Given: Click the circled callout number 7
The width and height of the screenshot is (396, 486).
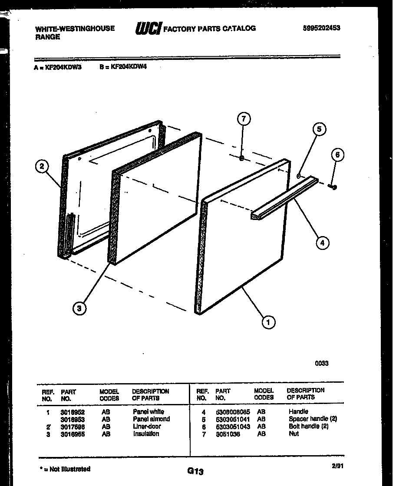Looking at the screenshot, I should (x=244, y=119).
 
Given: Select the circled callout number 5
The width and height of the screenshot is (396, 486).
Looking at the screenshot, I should (x=319, y=129).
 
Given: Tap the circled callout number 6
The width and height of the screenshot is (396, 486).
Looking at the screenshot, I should (x=337, y=154).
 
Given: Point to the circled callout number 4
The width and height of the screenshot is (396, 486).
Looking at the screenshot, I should (x=322, y=243).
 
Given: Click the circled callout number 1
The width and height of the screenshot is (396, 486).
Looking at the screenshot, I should (x=268, y=322).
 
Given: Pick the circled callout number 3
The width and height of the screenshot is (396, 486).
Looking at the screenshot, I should (x=79, y=309).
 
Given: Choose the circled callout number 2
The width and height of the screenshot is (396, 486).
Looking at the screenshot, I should (x=42, y=166).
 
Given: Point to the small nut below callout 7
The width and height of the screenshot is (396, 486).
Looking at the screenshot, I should (x=241, y=158).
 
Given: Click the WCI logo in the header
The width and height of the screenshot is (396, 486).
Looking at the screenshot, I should (x=148, y=29).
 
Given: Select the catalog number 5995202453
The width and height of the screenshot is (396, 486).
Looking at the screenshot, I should (x=321, y=28).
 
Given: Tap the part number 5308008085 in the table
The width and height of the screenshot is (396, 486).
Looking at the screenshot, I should (x=232, y=411).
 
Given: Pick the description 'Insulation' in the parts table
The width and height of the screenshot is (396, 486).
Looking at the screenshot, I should (x=146, y=433).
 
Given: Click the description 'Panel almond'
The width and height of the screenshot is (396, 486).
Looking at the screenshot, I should (x=151, y=419).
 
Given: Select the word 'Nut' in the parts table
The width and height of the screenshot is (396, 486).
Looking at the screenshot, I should (x=294, y=433).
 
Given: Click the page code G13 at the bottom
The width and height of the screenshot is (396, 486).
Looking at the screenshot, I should (x=195, y=471).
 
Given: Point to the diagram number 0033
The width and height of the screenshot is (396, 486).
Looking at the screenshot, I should (x=322, y=363).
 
